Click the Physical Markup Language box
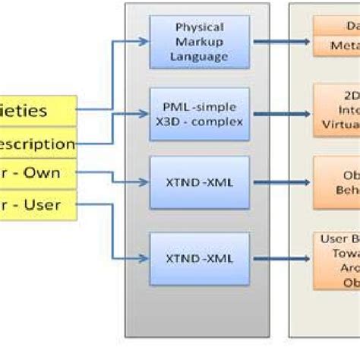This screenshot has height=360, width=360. coord(200,43)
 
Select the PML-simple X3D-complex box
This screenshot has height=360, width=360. coord(200,113)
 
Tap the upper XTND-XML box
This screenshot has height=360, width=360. coord(200,183)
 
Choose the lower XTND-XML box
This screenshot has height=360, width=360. coord(200,259)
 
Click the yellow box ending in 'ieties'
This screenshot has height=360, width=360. coord(38,111)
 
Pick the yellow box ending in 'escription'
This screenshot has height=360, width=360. coord(38,142)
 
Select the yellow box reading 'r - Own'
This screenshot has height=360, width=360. coord(38,172)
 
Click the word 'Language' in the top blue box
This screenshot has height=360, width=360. coord(200,56)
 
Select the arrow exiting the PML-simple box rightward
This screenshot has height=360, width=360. coord(281,114)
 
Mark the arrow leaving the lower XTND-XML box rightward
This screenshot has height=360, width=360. coord(281,259)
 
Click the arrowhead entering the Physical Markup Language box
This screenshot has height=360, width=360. coord(144,42)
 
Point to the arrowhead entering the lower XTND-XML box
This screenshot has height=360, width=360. coord(144,258)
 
